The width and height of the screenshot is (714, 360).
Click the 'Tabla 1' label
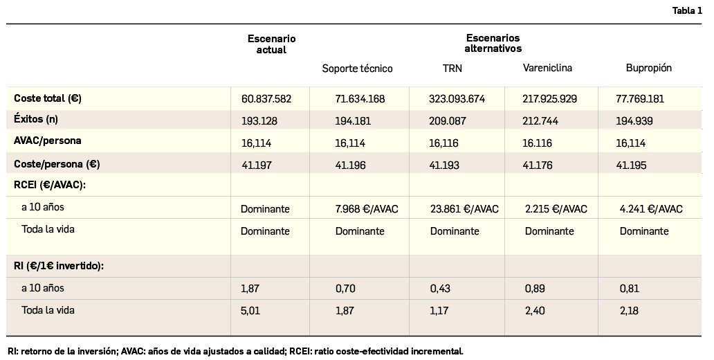686,10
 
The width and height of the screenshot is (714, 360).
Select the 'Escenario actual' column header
271,44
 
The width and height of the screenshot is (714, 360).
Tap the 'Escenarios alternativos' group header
493,43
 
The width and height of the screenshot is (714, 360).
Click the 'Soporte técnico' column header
357,69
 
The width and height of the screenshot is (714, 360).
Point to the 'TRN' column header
452,69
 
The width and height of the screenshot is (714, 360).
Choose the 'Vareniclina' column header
547,68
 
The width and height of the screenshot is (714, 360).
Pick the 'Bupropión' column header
648,68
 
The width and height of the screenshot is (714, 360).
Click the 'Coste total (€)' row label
48,98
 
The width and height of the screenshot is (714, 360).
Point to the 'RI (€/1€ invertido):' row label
59,266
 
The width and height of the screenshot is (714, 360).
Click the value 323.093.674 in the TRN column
457,99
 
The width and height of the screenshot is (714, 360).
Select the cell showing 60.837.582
266,99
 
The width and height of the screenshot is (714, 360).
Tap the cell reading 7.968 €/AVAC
367,209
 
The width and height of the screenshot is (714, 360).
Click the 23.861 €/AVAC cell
464,209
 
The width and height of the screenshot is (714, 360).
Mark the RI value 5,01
250,311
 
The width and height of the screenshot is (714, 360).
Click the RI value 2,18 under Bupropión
630,311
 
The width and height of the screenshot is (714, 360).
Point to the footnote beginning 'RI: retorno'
235,351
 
